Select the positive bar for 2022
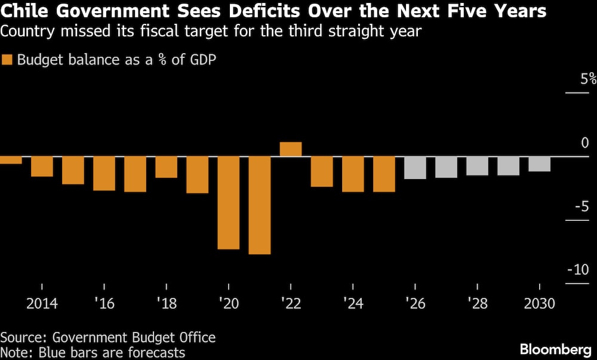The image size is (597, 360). pyautogui.click(x=291, y=149)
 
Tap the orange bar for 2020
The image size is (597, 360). pyautogui.click(x=229, y=202)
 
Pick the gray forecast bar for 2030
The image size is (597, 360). pyautogui.click(x=540, y=164)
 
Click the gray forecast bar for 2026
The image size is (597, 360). pyautogui.click(x=415, y=167)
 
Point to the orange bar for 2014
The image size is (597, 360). pyautogui.click(x=42, y=167)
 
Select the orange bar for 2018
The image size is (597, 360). pyautogui.click(x=167, y=167)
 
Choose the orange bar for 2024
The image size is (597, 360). pyautogui.click(x=353, y=174)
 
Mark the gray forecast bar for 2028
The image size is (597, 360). pyautogui.click(x=478, y=166)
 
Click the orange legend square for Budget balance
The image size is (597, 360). pyautogui.click(x=7, y=60)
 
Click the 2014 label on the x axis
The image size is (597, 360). pyautogui.click(x=42, y=304)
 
